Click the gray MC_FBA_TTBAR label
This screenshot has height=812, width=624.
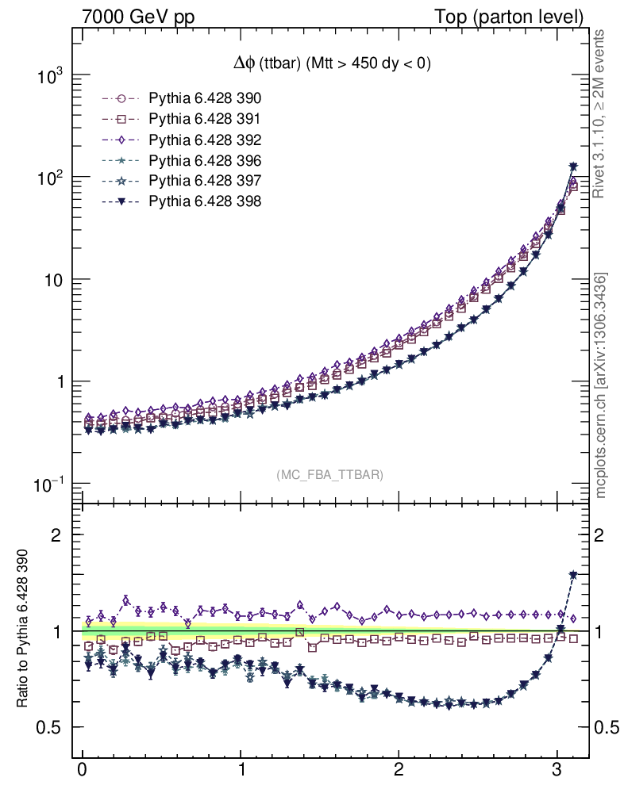coord(330,474)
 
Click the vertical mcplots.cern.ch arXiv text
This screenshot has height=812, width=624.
coord(601,386)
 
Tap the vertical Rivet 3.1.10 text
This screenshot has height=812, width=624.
coord(601,114)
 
